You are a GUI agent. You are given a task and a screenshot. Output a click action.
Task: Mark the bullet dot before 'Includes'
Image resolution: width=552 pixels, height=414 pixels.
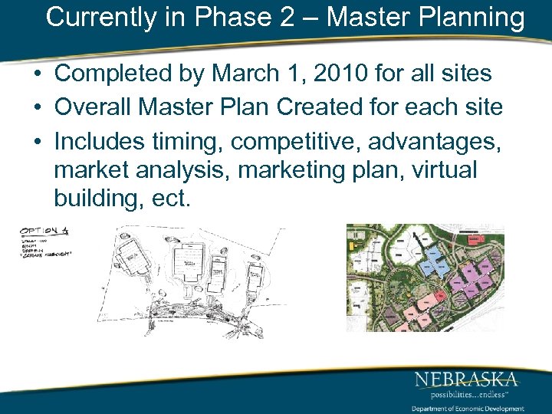[38, 140]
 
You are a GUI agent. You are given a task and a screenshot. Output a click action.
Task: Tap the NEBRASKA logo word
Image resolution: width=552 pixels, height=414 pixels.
[466, 379]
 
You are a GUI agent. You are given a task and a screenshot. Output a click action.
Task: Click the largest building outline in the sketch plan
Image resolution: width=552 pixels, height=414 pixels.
[187, 265]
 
